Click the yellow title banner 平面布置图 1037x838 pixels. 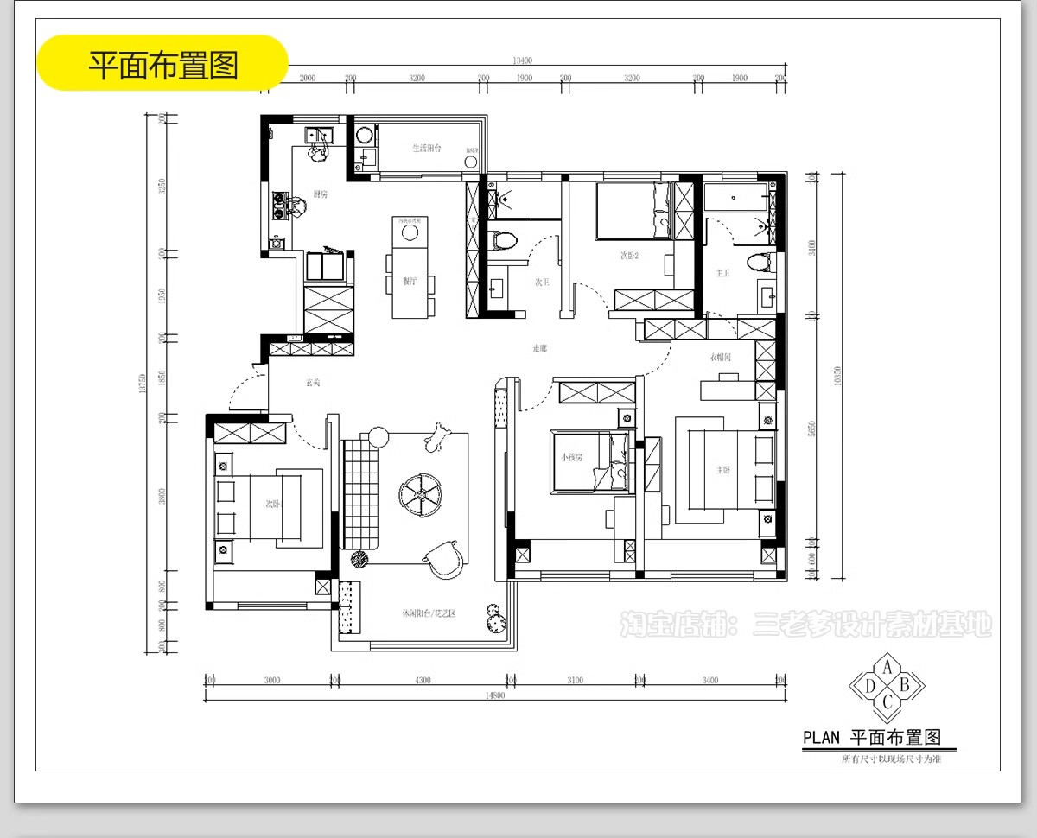click(x=163, y=64)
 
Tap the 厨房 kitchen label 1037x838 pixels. click(x=321, y=194)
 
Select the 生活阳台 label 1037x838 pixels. click(x=426, y=149)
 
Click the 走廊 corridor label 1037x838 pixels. click(x=539, y=348)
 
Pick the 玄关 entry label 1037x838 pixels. click(x=313, y=382)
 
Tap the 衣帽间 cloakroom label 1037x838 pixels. click(x=721, y=356)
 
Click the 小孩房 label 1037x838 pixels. click(x=571, y=458)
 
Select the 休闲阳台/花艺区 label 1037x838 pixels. click(x=428, y=613)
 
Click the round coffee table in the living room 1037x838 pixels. click(x=421, y=493)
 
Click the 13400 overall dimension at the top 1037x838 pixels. click(x=521, y=60)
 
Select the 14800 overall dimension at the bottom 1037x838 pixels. click(x=494, y=695)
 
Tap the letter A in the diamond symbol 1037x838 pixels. click(x=887, y=666)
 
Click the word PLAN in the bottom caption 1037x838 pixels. click(x=821, y=738)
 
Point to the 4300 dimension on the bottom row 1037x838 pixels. click(x=423, y=680)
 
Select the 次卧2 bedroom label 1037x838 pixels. click(x=629, y=256)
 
